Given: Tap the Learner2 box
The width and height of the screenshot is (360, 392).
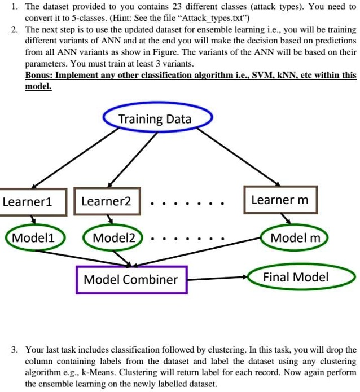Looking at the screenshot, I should [x=107, y=201].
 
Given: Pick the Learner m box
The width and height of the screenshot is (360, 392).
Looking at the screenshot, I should [x=280, y=200].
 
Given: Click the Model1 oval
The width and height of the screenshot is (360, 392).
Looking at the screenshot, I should [x=34, y=237].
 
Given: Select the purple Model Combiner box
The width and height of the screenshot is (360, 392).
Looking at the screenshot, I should [x=131, y=279].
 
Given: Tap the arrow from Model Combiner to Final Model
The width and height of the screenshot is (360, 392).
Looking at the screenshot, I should [x=217, y=278].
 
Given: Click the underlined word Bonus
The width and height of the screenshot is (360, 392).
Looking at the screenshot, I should [x=40, y=74].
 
